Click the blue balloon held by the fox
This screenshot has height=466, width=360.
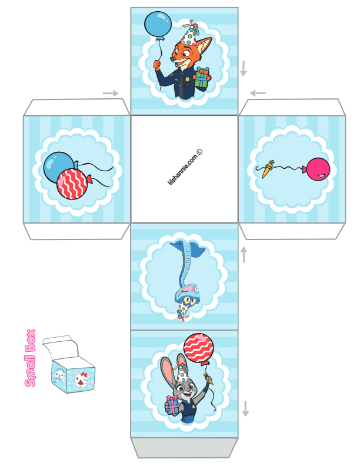click(158, 25)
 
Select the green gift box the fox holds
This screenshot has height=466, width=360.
click(202, 79)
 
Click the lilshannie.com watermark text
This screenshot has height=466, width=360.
click(185, 167)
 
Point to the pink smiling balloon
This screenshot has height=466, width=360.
click(318, 169)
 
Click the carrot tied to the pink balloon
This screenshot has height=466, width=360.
click(267, 169)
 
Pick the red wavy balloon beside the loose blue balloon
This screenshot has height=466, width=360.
click(72, 184)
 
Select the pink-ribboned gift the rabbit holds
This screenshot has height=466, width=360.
click(172, 405)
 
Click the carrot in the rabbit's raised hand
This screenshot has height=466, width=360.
click(209, 379)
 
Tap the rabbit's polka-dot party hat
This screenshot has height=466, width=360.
click(182, 374)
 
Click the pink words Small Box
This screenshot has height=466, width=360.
click(31, 358)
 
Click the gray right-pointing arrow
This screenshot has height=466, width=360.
click(111, 94)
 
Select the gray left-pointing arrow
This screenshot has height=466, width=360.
click(258, 94)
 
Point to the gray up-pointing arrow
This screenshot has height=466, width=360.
click(244, 255)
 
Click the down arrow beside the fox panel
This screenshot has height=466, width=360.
click(244, 68)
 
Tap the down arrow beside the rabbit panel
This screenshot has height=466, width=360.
click(245, 409)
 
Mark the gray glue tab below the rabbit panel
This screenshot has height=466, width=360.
click(184, 448)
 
